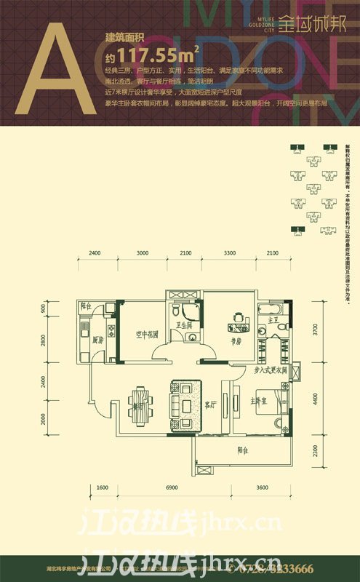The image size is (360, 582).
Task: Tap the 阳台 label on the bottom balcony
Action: pos(243,449)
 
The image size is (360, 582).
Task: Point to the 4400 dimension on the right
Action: pos(314,399)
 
